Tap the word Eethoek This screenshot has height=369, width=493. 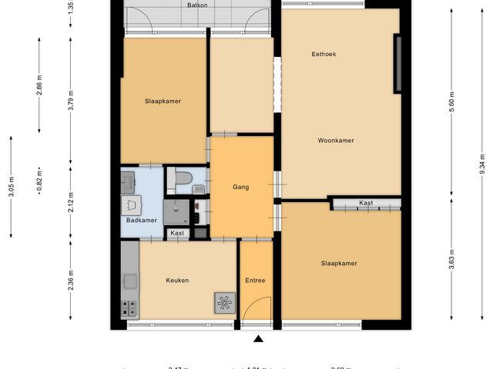pos(324,54)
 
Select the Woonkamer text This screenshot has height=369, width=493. pos(336,141)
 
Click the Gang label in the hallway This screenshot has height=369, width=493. pos(241,187)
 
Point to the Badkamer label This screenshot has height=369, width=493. pos(142,221)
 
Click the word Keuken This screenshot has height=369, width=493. pos(177,281)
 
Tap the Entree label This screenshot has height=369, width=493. pos(255,281)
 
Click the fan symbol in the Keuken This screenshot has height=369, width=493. pos(225,304)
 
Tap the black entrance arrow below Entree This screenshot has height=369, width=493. pos(258,339)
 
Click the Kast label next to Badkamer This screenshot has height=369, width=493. pos(177,233)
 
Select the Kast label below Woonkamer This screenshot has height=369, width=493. pos(366,203)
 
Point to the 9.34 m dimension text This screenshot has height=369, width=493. pos(482,165)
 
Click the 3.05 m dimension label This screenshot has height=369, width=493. pos(11,185)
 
